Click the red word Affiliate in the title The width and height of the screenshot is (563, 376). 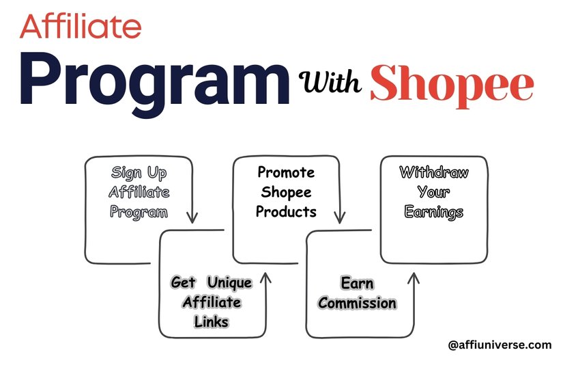click(81, 26)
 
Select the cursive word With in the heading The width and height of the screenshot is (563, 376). click(330, 81)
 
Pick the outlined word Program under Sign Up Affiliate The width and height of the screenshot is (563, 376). click(139, 212)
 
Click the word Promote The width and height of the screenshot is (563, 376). click(286, 172)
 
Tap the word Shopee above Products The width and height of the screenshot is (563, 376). click(286, 193)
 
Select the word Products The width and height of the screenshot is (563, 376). click(286, 211)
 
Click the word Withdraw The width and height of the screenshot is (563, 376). click(434, 172)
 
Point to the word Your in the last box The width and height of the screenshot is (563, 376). click(434, 192)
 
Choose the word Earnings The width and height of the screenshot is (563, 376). click(434, 212)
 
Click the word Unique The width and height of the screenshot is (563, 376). click(230, 283)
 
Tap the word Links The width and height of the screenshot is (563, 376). click(212, 322)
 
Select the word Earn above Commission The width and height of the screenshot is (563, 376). click(358, 283)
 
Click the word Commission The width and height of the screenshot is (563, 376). click(358, 303)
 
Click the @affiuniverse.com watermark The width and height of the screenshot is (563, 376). click(500, 345)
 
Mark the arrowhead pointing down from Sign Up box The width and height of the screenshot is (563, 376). click(192, 217)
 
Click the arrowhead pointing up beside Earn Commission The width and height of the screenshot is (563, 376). click(414, 278)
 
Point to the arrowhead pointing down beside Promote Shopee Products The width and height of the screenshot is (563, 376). click(339, 217)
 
